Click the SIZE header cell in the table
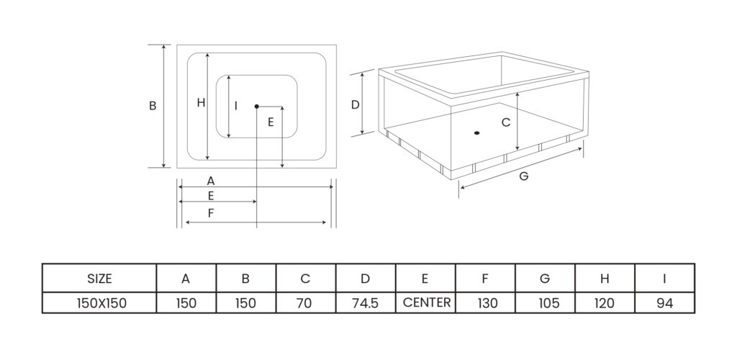click(x=99, y=279)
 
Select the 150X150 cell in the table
click(x=101, y=303)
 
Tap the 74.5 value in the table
click(x=365, y=303)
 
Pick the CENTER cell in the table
click(x=426, y=302)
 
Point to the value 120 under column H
click(x=605, y=303)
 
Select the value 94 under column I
click(x=664, y=303)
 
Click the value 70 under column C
click(x=304, y=303)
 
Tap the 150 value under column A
click(x=186, y=303)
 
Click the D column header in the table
click(x=365, y=279)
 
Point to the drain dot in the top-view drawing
click(x=256, y=107)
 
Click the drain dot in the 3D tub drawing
click(x=476, y=132)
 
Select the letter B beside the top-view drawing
click(x=153, y=106)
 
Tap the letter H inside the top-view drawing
click(x=201, y=103)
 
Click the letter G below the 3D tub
click(x=523, y=176)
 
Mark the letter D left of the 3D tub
click(x=355, y=105)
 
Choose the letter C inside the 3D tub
click(x=505, y=123)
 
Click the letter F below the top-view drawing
click(x=210, y=213)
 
